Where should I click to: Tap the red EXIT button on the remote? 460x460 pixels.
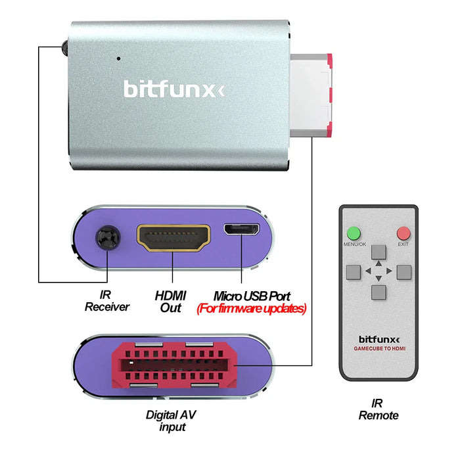tap(403, 233)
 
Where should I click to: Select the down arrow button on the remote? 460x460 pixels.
tap(378, 291)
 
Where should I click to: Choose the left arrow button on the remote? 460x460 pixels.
tap(354, 271)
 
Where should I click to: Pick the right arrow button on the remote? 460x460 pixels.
tap(403, 271)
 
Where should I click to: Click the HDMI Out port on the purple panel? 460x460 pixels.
tap(173, 238)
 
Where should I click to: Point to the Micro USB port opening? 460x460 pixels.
tap(241, 230)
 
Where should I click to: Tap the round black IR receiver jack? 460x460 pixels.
tap(107, 237)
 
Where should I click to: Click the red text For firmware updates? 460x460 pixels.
tap(252, 308)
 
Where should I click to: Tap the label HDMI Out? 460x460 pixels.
tap(171, 302)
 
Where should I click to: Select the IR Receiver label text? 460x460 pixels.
tap(107, 302)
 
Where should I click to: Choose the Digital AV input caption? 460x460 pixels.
tap(171, 421)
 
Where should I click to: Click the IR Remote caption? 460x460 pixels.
tap(378, 409)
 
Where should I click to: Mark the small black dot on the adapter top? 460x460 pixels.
tap(118, 58)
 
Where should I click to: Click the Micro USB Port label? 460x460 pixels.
tap(252, 296)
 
